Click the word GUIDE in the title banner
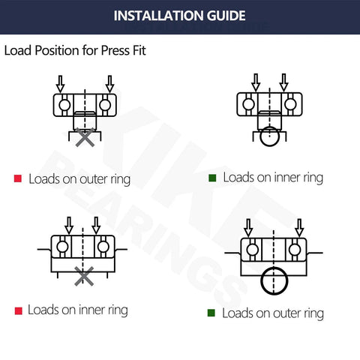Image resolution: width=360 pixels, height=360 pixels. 218,16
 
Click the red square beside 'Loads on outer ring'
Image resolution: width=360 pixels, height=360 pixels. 18,179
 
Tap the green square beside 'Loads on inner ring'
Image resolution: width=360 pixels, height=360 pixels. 212,178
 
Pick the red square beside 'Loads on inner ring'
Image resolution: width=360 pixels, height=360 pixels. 18,310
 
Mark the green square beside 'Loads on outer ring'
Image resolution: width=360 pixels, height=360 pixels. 212,313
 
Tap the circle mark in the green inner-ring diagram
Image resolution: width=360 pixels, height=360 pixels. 268,138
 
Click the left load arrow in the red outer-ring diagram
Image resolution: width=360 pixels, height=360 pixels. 62,82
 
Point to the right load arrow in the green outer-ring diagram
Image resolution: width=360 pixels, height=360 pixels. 299,226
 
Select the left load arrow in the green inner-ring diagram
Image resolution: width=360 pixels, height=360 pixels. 256,81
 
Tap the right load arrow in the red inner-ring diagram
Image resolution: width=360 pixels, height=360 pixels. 96,224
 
